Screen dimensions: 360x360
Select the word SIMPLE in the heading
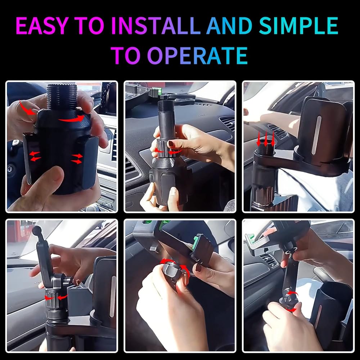pos(299,26)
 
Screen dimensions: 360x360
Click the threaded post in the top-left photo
pos(62,97)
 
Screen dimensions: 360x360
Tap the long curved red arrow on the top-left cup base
pos(71,119)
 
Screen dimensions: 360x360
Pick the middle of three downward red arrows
pos(266,139)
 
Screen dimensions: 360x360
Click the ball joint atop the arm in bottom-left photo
pos(36,230)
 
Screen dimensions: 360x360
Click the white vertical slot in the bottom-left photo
pos(113,296)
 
